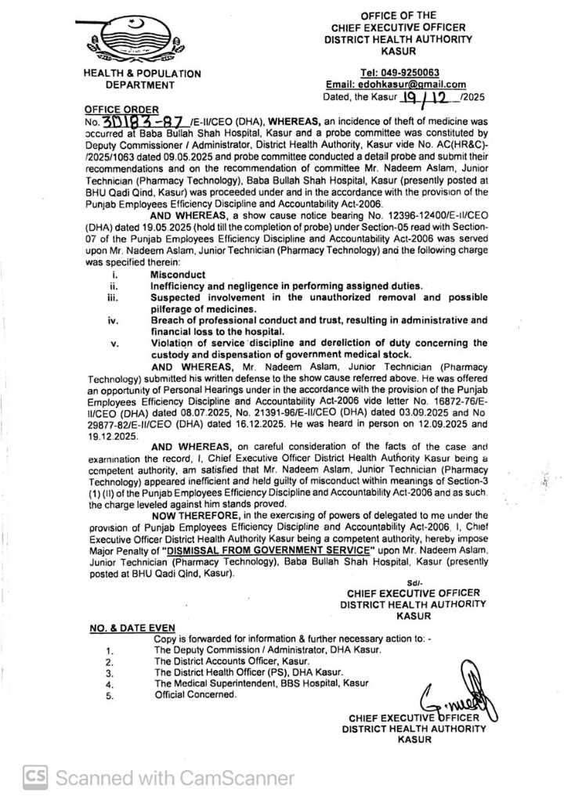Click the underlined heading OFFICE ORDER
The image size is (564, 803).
(121, 110)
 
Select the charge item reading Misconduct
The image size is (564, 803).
(178, 275)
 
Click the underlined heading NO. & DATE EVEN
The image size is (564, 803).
(131, 628)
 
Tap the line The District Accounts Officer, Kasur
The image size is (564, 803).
(232, 661)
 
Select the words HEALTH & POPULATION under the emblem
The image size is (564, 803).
(141, 74)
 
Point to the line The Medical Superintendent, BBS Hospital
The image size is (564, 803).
(261, 683)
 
